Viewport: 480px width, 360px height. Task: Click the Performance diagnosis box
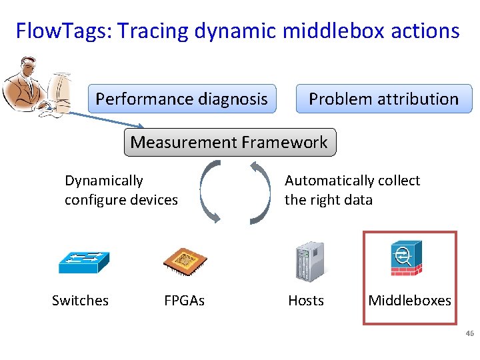(181, 99)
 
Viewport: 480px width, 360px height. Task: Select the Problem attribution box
(383, 99)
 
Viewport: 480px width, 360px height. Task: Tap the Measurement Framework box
(229, 143)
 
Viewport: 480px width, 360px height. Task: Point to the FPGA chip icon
(185, 261)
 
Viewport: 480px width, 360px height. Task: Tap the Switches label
(80, 301)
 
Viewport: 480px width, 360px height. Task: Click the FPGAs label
(184, 301)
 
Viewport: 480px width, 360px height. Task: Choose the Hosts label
(306, 301)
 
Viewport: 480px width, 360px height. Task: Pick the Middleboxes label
(409, 301)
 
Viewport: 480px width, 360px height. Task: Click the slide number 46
(469, 333)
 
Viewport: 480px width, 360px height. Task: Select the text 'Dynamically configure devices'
(121, 190)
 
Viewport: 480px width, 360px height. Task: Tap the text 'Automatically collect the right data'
(352, 190)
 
